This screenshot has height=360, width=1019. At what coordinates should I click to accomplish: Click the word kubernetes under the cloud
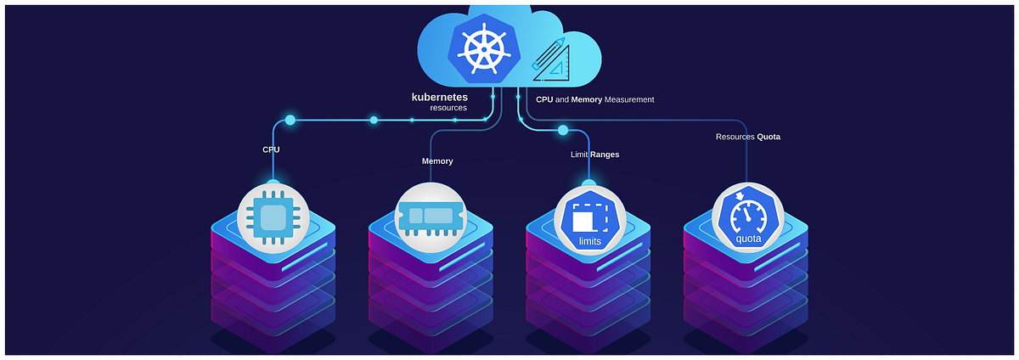(x=440, y=98)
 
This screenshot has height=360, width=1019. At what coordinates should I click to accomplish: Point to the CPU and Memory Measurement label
(x=594, y=99)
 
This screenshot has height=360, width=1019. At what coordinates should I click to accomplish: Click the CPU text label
(x=271, y=149)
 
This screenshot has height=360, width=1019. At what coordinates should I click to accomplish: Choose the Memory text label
(x=437, y=160)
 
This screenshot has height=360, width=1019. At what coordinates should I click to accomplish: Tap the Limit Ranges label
(x=594, y=155)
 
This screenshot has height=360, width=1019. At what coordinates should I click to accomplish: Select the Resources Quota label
(x=747, y=136)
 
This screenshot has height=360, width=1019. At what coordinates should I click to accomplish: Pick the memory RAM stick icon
(x=431, y=217)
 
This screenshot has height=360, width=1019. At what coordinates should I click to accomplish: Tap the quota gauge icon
(x=747, y=218)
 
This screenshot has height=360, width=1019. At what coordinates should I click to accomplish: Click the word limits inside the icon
(x=589, y=241)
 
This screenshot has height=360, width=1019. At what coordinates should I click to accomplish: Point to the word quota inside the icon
(x=748, y=239)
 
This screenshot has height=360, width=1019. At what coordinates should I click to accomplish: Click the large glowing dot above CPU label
(x=290, y=120)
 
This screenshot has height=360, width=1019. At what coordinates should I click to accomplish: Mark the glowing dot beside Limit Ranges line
(x=562, y=131)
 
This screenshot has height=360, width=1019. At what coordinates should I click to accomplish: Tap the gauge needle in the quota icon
(x=746, y=216)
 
